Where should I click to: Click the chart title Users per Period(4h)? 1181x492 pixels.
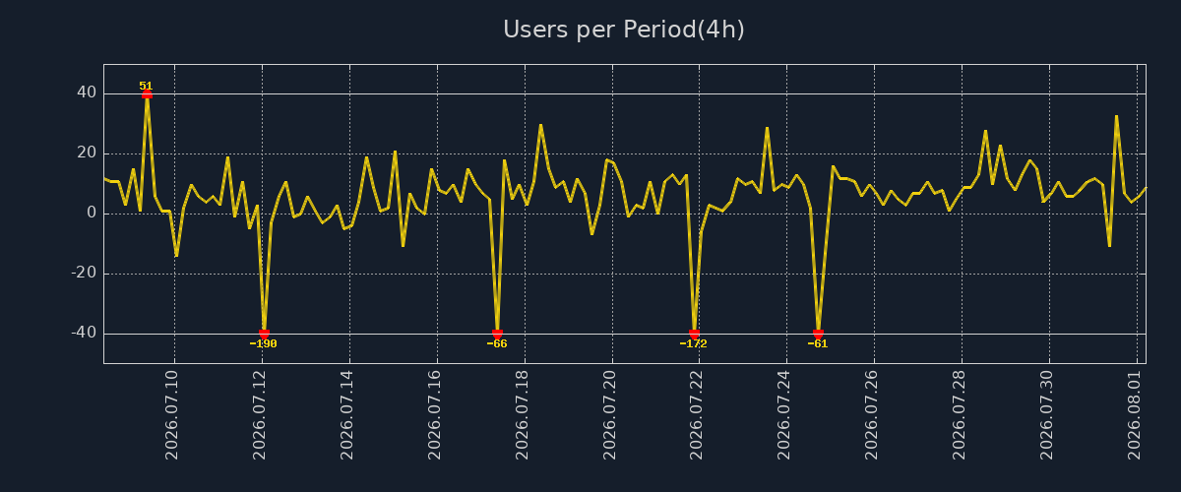624,30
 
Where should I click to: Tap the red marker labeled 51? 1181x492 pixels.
147,94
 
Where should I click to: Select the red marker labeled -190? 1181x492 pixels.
264,334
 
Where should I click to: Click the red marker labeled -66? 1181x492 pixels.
497,334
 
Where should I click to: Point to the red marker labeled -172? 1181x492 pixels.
695,334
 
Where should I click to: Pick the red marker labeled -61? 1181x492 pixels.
818,334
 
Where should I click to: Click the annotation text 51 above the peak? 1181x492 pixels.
146,86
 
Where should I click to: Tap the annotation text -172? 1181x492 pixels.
693,343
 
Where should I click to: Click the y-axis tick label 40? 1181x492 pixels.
87,92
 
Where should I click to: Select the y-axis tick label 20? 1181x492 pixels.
87,153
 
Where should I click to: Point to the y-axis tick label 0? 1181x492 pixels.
92,214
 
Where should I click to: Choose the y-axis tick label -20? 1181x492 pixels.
84,273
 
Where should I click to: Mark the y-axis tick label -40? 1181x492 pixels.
84,333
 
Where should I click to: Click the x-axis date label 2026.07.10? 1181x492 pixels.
172,415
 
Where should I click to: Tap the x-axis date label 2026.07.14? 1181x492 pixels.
346,415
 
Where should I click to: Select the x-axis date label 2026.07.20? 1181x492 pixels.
609,415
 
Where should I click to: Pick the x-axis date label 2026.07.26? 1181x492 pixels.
872,415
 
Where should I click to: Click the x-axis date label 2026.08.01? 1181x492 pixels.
1135,415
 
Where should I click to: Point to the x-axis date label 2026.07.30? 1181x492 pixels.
1047,415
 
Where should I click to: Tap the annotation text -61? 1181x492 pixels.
818,343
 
